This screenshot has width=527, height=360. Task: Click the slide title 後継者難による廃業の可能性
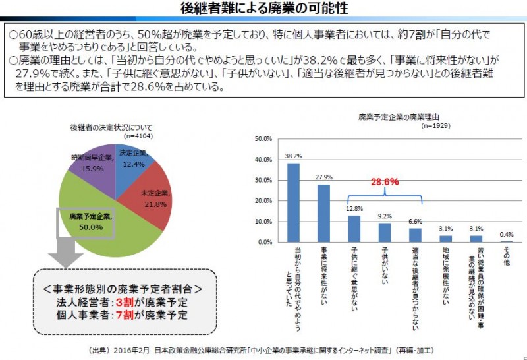[263, 9]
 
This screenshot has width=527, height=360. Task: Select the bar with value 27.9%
[324, 213]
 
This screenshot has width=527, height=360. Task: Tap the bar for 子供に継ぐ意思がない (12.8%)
[354, 229]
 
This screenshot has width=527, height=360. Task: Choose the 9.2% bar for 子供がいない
[385, 233]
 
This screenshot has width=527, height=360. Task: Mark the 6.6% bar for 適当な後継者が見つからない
[415, 235]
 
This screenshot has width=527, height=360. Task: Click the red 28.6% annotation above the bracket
[384, 181]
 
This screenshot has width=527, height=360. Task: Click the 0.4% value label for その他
[507, 235]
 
